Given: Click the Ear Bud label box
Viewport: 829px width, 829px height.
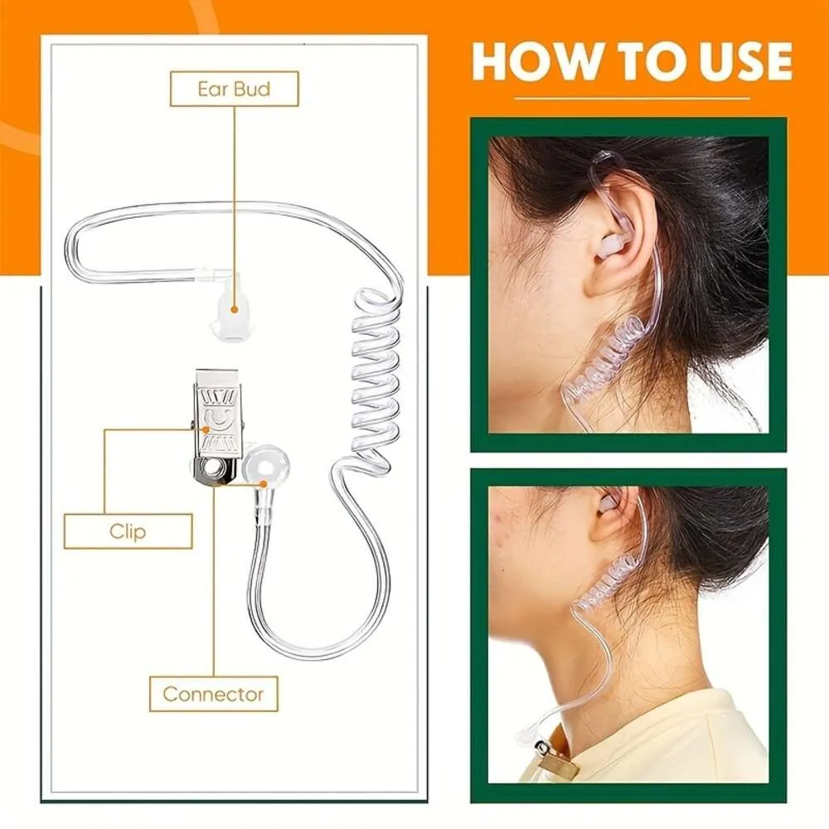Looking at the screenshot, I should (234, 89).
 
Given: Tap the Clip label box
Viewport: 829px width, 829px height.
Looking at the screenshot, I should (128, 531).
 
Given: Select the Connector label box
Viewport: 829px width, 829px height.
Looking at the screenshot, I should (213, 694).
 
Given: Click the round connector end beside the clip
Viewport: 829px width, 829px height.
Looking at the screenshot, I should (262, 469).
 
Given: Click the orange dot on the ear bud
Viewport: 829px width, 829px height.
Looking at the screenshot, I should (234, 309).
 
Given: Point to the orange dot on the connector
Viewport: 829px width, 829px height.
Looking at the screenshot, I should (263, 483).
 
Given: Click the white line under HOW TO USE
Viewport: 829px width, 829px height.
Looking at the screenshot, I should (631, 99).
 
